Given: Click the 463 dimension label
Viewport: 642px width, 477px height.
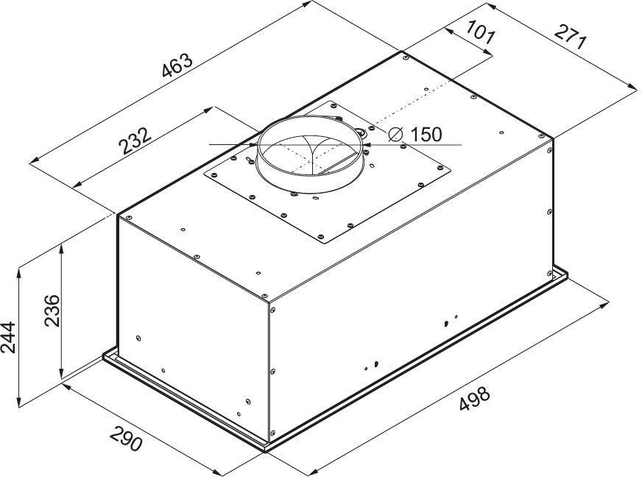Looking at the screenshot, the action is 177,65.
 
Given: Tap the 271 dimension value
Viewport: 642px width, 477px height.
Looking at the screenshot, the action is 571,37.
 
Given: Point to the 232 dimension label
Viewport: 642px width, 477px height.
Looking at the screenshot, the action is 135,141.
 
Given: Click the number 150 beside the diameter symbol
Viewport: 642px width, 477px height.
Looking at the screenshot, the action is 426,134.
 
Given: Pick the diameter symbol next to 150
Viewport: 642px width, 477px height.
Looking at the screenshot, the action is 396,134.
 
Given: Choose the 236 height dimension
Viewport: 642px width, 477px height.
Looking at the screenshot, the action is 52,310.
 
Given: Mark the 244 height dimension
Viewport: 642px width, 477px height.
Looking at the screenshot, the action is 8,338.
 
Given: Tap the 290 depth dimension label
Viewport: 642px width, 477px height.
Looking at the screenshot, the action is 126,438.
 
